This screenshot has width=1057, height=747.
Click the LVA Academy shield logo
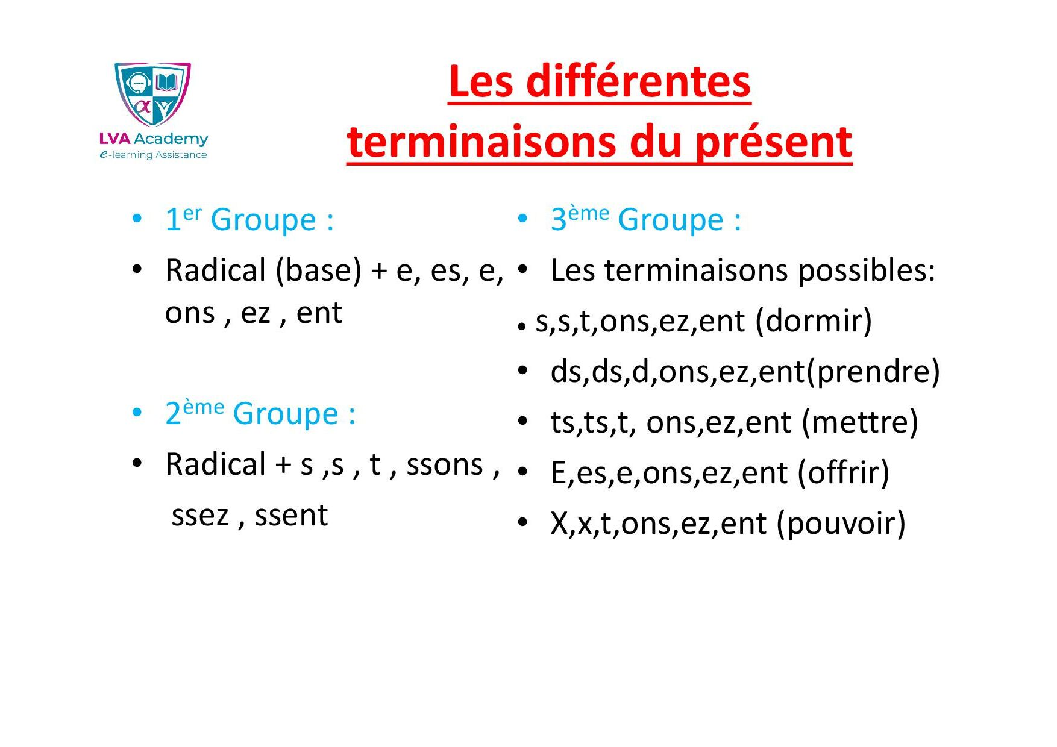click(153, 94)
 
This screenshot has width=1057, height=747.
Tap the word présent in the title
click(773, 143)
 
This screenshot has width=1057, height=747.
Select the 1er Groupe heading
click(249, 219)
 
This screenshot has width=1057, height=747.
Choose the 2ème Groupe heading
click(260, 413)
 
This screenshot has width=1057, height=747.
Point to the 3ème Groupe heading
click(645, 219)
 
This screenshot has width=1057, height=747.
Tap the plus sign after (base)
click(379, 271)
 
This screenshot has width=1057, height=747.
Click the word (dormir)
click(814, 320)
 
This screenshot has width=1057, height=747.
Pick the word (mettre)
click(860, 422)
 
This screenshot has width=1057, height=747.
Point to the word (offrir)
click(844, 472)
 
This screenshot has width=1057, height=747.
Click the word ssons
click(445, 465)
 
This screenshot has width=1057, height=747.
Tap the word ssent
click(291, 516)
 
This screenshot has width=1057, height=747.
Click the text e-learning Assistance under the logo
click(153, 155)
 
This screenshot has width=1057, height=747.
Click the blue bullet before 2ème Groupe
click(137, 413)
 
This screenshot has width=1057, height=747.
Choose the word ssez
click(200, 516)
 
